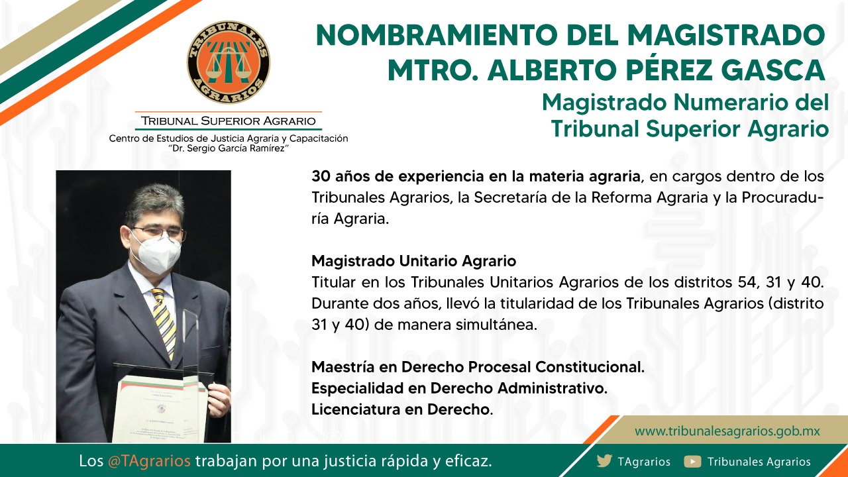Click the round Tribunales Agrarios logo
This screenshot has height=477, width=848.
pos(229,62)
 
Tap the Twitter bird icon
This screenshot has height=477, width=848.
pos(604,461)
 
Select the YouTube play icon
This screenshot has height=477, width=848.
pos(692,462)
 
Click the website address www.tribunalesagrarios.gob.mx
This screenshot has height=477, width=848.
pos(727,431)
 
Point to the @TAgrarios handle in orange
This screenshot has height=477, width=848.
pos(149,461)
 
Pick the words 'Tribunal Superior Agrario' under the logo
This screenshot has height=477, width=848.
pos(229,121)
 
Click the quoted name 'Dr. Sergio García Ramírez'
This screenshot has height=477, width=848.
pos(229,148)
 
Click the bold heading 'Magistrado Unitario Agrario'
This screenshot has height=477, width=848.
pos(414,261)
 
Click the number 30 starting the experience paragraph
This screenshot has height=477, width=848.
pos(321,176)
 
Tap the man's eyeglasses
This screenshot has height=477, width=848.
pos(158,232)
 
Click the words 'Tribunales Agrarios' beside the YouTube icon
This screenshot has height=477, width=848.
pos(759,462)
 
